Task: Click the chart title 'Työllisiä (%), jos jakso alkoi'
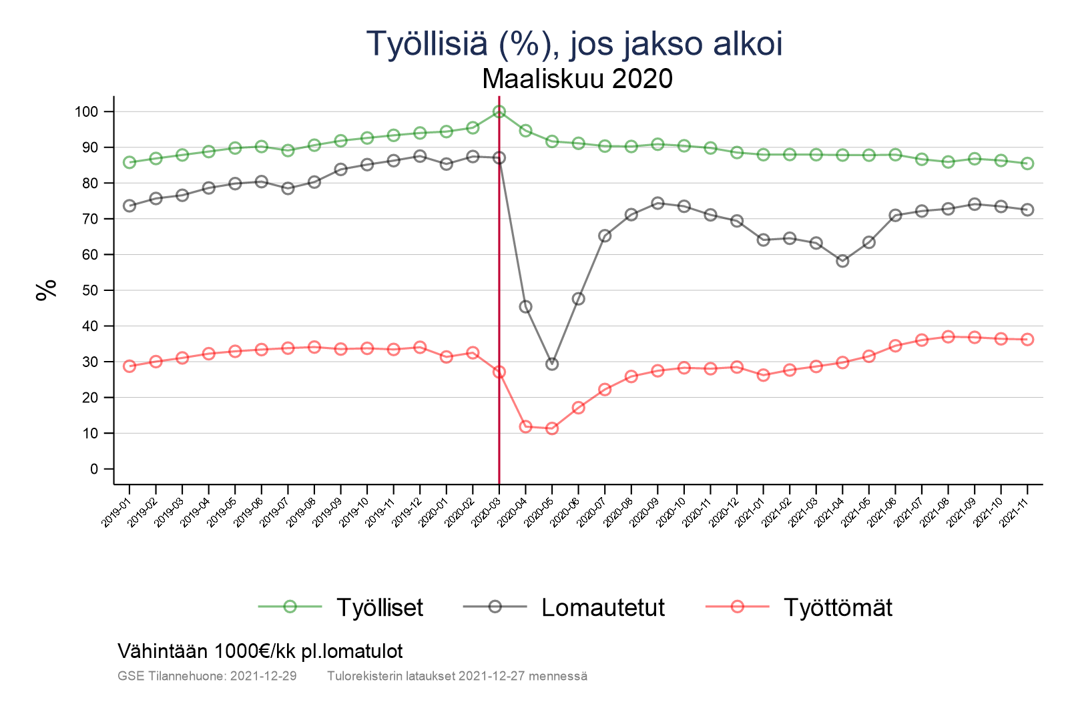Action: [574, 44]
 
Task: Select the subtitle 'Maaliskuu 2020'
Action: [577, 79]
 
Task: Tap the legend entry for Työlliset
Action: [379, 607]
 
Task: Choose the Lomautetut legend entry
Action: [603, 607]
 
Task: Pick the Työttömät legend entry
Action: [837, 607]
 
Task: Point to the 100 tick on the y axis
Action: [86, 111]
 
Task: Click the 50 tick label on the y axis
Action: [90, 290]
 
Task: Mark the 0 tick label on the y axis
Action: [93, 469]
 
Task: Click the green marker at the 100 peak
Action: [499, 111]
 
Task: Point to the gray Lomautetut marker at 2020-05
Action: [552, 364]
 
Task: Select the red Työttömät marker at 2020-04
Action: [525, 426]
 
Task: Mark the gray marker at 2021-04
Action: [842, 261]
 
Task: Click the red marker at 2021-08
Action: [948, 337]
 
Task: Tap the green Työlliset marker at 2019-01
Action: [129, 162]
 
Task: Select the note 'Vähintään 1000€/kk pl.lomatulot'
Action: [260, 651]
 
